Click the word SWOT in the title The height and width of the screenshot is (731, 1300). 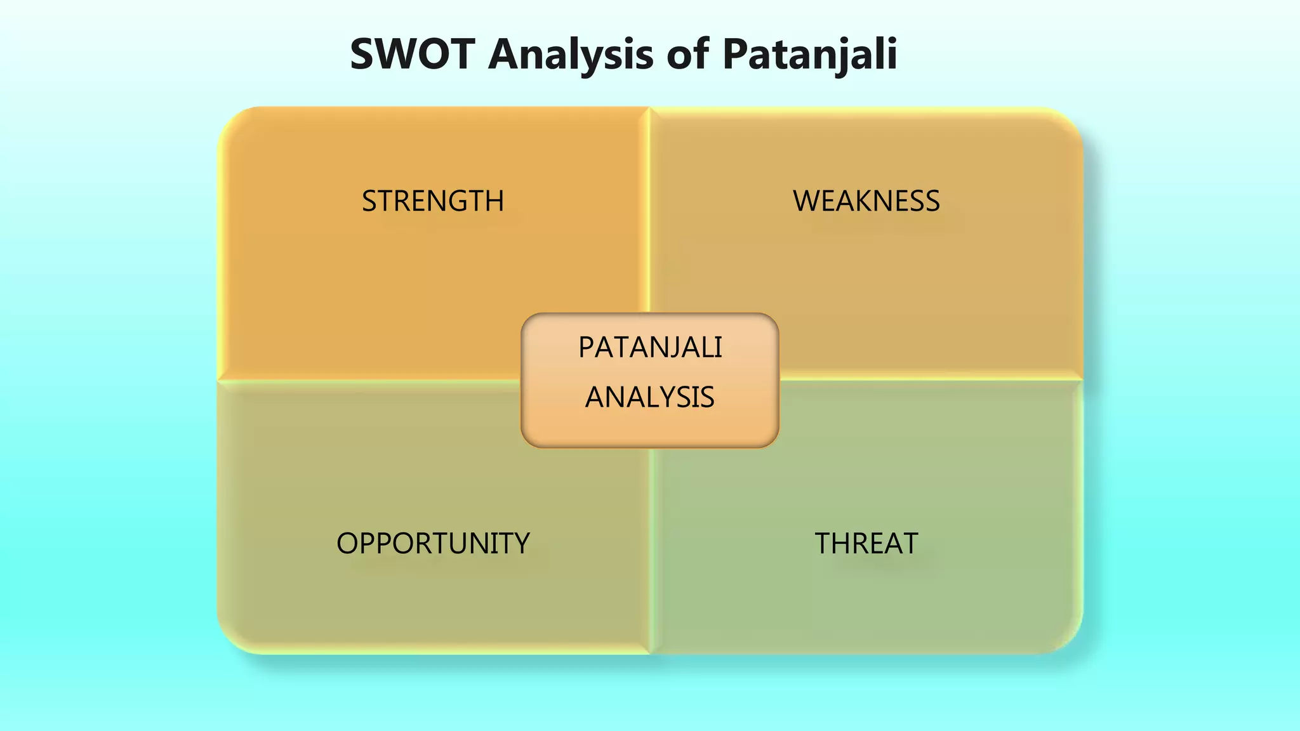(413, 54)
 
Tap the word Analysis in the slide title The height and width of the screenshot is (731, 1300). (571, 54)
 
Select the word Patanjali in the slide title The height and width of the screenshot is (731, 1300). (809, 54)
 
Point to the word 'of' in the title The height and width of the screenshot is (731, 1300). (687, 54)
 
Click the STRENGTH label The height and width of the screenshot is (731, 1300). (433, 201)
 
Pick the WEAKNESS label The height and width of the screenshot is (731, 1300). (866, 201)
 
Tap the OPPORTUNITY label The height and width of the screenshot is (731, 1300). (433, 544)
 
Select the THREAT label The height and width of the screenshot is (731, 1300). (866, 544)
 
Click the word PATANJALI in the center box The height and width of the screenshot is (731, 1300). (650, 348)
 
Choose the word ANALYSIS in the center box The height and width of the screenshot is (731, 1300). (650, 398)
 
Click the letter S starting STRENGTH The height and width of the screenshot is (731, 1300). (369, 201)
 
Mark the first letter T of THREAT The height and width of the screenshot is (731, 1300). (823, 544)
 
